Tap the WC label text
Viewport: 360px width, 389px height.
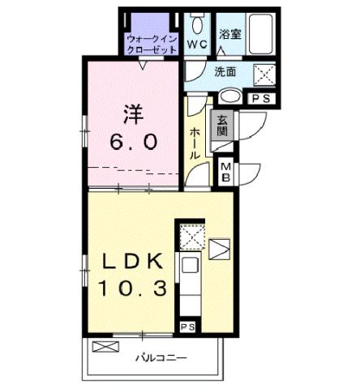coord(196,44)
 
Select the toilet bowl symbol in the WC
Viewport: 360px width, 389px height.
coord(197,22)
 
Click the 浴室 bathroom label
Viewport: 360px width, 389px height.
coord(231,33)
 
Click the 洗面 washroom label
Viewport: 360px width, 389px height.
coord(225,71)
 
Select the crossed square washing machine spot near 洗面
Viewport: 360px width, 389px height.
coord(265,75)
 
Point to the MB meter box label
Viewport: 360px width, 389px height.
coord(227,171)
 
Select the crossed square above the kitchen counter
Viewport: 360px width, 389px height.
coord(190,237)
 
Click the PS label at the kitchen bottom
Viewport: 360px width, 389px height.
coord(187,327)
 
